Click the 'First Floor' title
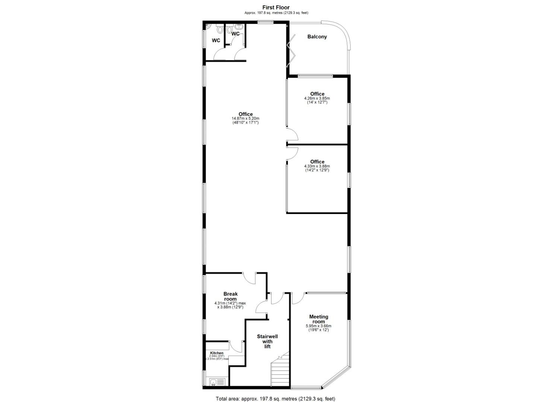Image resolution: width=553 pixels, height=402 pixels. (x=276, y=7)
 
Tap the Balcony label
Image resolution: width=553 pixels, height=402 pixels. (x=317, y=37)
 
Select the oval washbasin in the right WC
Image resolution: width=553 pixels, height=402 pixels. (x=239, y=26)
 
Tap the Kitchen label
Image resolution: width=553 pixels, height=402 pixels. (x=216, y=353)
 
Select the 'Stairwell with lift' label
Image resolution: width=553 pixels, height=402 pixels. (x=267, y=342)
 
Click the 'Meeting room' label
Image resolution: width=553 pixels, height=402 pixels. (x=319, y=319)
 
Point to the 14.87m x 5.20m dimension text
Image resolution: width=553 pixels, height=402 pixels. (x=245, y=118)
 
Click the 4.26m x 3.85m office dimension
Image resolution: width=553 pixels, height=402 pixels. (x=317, y=98)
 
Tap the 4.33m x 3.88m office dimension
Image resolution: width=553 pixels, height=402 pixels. (x=317, y=166)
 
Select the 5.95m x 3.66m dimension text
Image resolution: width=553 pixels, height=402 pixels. (x=318, y=326)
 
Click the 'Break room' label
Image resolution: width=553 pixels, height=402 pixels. (x=231, y=296)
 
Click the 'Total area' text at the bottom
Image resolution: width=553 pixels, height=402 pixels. (x=276, y=399)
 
